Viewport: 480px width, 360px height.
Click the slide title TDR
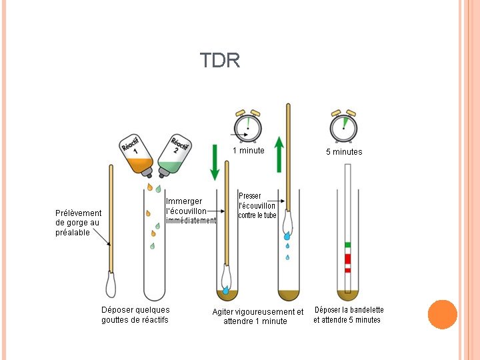[x=220, y=61]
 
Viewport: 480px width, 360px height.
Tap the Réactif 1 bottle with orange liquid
[x=137, y=155]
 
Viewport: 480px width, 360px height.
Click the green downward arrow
[x=215, y=162]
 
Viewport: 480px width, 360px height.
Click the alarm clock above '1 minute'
[x=248, y=125]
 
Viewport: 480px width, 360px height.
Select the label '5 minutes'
[x=344, y=152]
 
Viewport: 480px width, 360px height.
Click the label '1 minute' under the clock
[x=248, y=151]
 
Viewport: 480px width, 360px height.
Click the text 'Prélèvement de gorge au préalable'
[x=78, y=223]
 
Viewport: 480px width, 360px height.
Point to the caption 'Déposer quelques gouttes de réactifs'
[x=135, y=315]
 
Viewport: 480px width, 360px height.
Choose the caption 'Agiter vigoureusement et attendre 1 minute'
[x=257, y=316]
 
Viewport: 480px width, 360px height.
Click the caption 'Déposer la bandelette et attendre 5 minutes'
[x=348, y=315]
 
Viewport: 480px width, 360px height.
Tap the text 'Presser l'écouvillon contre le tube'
[x=257, y=206]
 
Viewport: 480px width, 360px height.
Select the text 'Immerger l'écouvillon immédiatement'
[x=191, y=211]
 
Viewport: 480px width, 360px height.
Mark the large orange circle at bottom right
[x=442, y=315]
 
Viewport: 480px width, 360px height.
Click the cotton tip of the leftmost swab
[x=111, y=285]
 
